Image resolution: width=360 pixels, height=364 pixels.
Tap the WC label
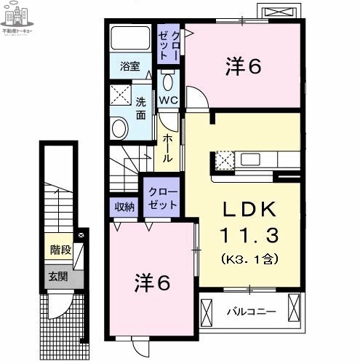pos(169,100)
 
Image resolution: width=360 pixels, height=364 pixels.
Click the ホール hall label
pos(168,148)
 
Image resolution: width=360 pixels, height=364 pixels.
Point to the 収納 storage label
pos(124,206)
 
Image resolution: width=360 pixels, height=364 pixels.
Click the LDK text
pos(249,210)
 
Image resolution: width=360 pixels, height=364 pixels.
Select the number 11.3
pos(249,235)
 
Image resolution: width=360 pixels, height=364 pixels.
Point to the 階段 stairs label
pos(60,250)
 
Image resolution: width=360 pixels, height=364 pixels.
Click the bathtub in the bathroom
pos(132,41)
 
